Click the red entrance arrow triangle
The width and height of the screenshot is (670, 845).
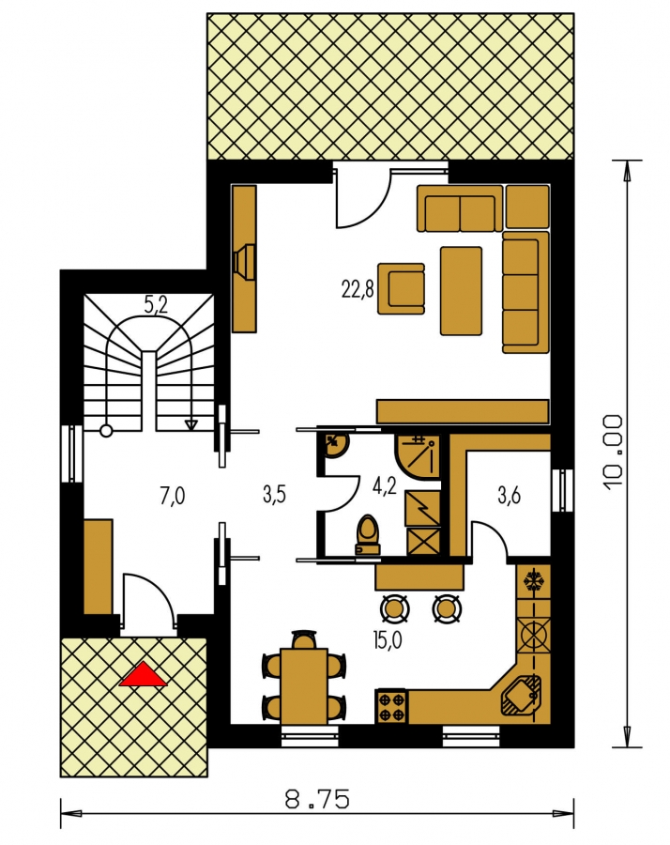point(144,675)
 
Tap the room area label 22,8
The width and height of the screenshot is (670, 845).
point(358,289)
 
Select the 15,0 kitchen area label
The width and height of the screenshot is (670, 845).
point(387,641)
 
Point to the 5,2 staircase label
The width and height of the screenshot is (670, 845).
point(156,305)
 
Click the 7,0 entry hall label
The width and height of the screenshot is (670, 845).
point(173,495)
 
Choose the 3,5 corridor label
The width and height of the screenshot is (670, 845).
point(274,494)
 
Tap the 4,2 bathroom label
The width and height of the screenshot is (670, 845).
point(385,485)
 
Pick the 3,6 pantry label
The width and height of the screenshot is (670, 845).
point(509,496)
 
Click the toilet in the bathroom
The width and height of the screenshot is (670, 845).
point(369,534)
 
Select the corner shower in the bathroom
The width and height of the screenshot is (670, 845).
point(418,455)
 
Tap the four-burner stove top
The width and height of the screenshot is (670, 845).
point(391,707)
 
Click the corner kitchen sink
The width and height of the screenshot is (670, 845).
point(520,695)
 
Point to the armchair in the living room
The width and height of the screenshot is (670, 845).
point(402,288)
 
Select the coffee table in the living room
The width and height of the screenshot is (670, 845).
point(461,291)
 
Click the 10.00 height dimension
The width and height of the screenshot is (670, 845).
point(614,453)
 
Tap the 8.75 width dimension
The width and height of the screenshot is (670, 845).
point(317,799)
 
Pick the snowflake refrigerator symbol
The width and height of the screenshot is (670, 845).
point(534,582)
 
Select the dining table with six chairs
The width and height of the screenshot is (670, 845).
point(304,678)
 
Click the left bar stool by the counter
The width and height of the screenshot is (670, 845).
point(394,608)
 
